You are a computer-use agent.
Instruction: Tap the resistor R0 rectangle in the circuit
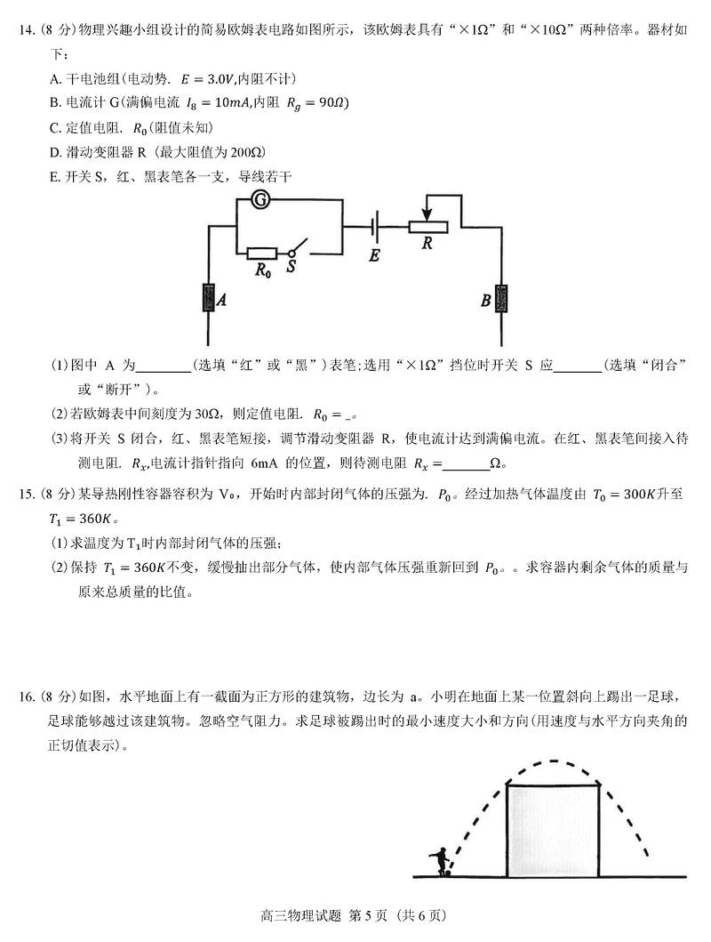[262, 254]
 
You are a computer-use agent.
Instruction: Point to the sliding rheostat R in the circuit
[428, 227]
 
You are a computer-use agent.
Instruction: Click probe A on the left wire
[208, 299]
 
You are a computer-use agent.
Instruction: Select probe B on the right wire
[502, 300]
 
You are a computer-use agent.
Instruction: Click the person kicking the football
[439, 862]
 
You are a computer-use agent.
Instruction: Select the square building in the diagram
[552, 828]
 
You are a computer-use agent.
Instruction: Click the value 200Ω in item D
[246, 151]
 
